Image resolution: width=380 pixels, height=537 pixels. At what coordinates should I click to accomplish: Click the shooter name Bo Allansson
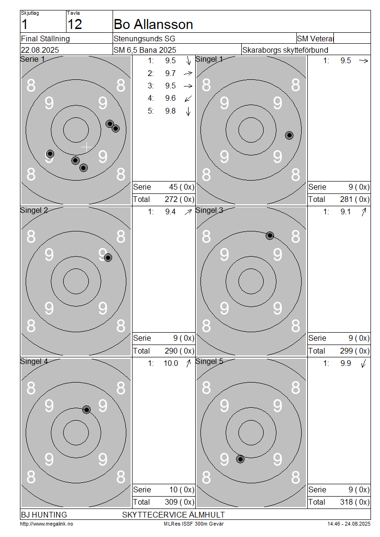(153, 25)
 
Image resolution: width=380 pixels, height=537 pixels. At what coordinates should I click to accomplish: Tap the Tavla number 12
(75, 25)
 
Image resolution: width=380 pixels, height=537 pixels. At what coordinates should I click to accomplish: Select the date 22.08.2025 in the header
(40, 50)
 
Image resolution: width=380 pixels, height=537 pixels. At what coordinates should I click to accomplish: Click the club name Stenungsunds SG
(144, 38)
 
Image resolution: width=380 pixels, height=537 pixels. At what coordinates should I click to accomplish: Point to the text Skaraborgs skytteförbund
(285, 50)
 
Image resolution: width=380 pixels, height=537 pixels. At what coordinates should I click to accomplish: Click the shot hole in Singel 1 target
(289, 135)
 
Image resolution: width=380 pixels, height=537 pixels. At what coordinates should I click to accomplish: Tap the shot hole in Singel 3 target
(270, 236)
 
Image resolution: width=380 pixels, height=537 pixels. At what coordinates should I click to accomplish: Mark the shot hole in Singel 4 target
(86, 410)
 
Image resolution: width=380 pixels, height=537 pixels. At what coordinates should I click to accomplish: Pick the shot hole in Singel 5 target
(240, 459)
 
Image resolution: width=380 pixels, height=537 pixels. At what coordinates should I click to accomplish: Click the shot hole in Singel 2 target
(108, 258)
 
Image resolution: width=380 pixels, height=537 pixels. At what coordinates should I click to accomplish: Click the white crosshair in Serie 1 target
(86, 147)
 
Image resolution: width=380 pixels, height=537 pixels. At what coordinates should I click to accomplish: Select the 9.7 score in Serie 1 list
(170, 73)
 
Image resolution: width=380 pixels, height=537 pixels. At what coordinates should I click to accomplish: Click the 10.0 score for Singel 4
(171, 364)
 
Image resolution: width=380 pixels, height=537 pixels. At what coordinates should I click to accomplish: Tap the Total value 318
(346, 502)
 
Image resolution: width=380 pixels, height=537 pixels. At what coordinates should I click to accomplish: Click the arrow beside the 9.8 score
(188, 111)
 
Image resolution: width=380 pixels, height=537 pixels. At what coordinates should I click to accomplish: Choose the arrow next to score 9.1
(363, 212)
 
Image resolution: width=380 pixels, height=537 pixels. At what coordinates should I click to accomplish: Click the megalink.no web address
(47, 524)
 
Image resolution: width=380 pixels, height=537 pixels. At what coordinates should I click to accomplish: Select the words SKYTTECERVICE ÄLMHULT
(173, 515)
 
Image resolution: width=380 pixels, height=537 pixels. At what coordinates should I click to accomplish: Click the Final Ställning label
(45, 38)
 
